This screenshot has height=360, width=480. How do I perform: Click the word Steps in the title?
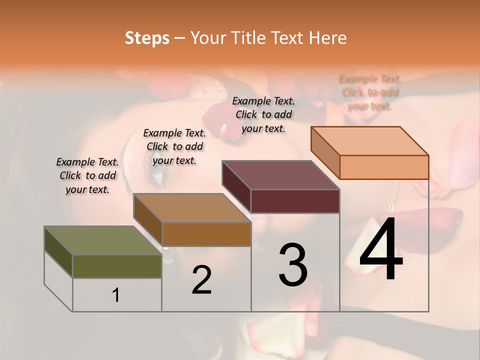(x=147, y=38)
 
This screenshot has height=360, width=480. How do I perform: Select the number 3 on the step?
(x=293, y=265)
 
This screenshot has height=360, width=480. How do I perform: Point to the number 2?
(x=202, y=280)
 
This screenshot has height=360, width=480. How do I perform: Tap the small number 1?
(x=116, y=295)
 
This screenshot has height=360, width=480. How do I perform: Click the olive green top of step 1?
(x=102, y=240)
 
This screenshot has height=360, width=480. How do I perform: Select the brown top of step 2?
(x=192, y=207)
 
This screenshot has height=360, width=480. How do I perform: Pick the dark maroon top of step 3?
(x=281, y=175)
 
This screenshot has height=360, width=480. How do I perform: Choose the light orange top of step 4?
(x=370, y=141)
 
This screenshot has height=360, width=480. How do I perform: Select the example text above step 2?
(x=174, y=146)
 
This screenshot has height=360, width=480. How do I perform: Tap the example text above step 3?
(x=263, y=114)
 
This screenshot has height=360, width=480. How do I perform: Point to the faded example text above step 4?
(x=370, y=92)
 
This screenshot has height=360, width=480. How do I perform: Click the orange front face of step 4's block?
(x=384, y=167)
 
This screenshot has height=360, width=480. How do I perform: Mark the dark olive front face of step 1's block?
(x=117, y=266)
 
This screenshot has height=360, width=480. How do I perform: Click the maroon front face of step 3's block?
(x=295, y=201)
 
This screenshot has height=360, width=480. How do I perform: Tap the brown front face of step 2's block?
(x=206, y=234)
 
